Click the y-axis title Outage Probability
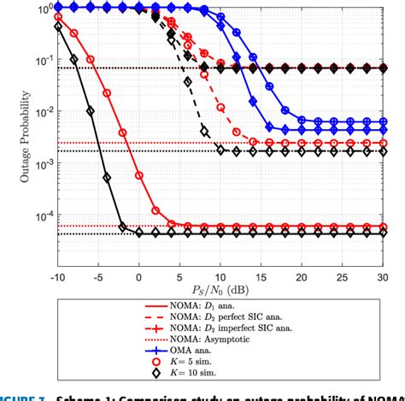click(15, 132)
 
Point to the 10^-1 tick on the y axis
click(41, 61)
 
